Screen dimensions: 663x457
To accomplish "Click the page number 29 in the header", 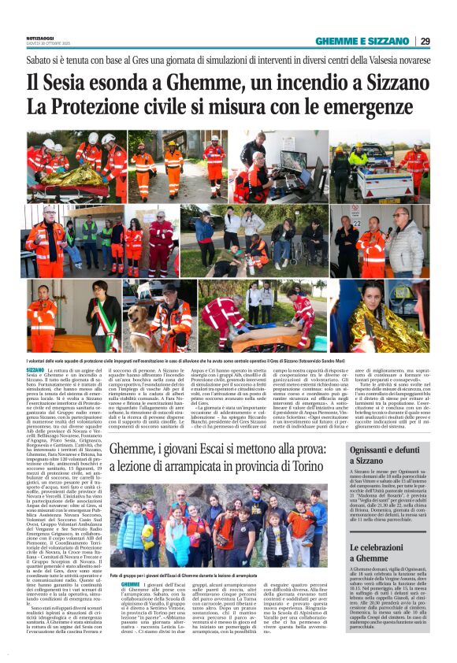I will (425, 41).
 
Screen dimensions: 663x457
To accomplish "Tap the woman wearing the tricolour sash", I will (102, 314).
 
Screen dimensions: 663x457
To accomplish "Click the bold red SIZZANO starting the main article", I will (35, 369).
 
